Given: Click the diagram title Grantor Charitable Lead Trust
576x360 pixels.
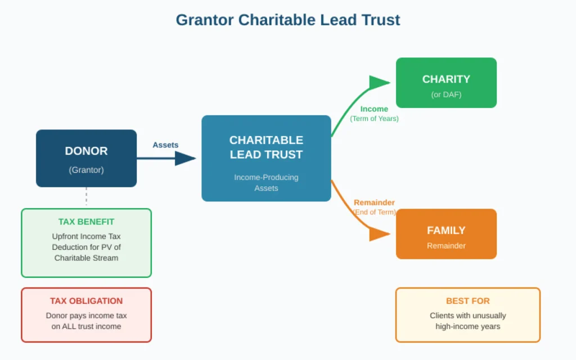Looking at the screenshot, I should point(287,20).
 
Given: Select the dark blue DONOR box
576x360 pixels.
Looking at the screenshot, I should point(86,158).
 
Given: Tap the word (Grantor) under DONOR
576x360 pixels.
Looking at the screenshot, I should point(86,169).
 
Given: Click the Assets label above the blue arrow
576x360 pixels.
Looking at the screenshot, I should point(165,145).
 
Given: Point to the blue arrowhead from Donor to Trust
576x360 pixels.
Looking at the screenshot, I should point(184,159).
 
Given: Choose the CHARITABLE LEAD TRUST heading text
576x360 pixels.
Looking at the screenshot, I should point(266,147).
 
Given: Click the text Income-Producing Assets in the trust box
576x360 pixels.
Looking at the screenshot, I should point(266,182).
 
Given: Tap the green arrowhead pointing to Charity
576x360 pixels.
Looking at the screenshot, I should point(379,83).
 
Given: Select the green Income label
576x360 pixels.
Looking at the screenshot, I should point(374,109).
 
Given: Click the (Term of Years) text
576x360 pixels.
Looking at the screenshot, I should point(374,119).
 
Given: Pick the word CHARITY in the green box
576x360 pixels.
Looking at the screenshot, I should point(446,79).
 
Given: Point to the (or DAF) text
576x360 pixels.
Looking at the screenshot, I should point(446,94).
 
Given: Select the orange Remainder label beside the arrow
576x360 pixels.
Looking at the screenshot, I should point(374,202).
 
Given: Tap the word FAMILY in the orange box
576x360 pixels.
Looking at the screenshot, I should point(446,230).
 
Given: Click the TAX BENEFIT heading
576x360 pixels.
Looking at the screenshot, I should point(86,222).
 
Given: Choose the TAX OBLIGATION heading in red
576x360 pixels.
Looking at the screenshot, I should point(86,301).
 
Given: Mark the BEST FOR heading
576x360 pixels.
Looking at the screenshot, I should point(467,301).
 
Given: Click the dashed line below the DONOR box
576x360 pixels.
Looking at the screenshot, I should point(86,197).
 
